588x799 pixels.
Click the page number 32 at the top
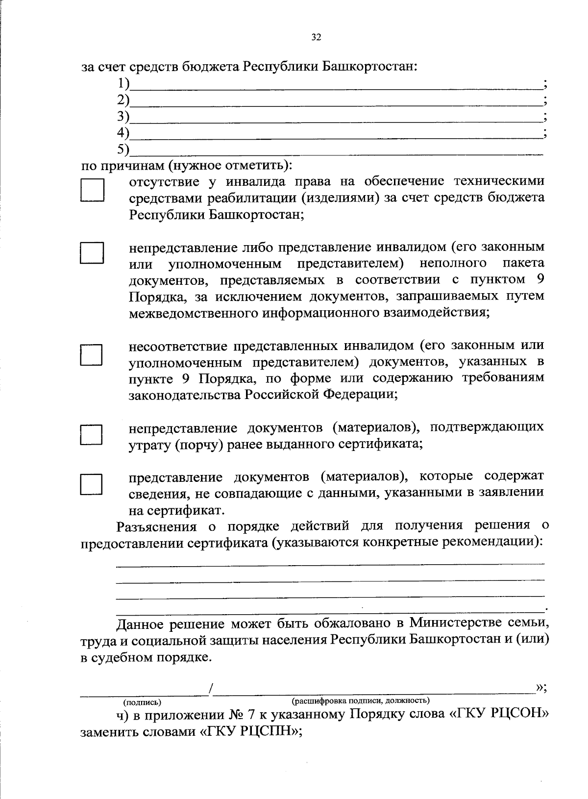316,37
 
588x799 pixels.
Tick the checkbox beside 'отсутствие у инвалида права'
92,190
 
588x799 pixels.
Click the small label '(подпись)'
143,703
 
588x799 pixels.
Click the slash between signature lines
211,689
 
